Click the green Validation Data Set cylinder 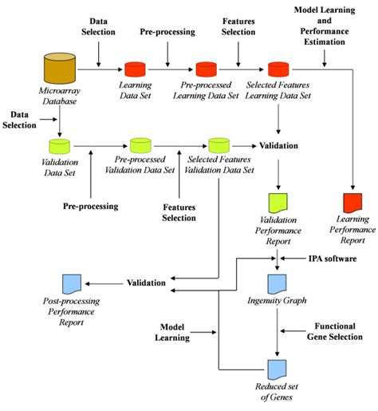click(x=60, y=147)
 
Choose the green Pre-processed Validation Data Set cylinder click(x=140, y=147)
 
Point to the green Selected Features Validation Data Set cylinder click(x=217, y=147)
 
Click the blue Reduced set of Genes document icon click(x=278, y=369)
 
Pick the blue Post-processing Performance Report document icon click(x=69, y=284)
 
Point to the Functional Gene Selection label click(x=334, y=332)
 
